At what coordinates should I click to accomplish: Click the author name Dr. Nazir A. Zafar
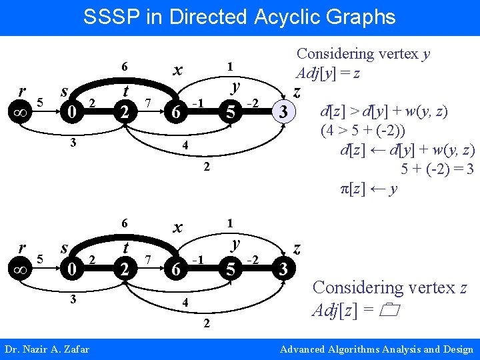point(47,349)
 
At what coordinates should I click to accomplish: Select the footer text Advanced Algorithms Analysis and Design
point(377,349)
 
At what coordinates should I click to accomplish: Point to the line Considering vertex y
point(363,54)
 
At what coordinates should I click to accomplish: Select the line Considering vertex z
point(390,288)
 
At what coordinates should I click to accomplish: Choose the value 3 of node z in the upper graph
point(284,112)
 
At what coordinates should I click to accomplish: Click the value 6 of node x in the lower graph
point(174,270)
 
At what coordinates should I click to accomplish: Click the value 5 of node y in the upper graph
point(231,112)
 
